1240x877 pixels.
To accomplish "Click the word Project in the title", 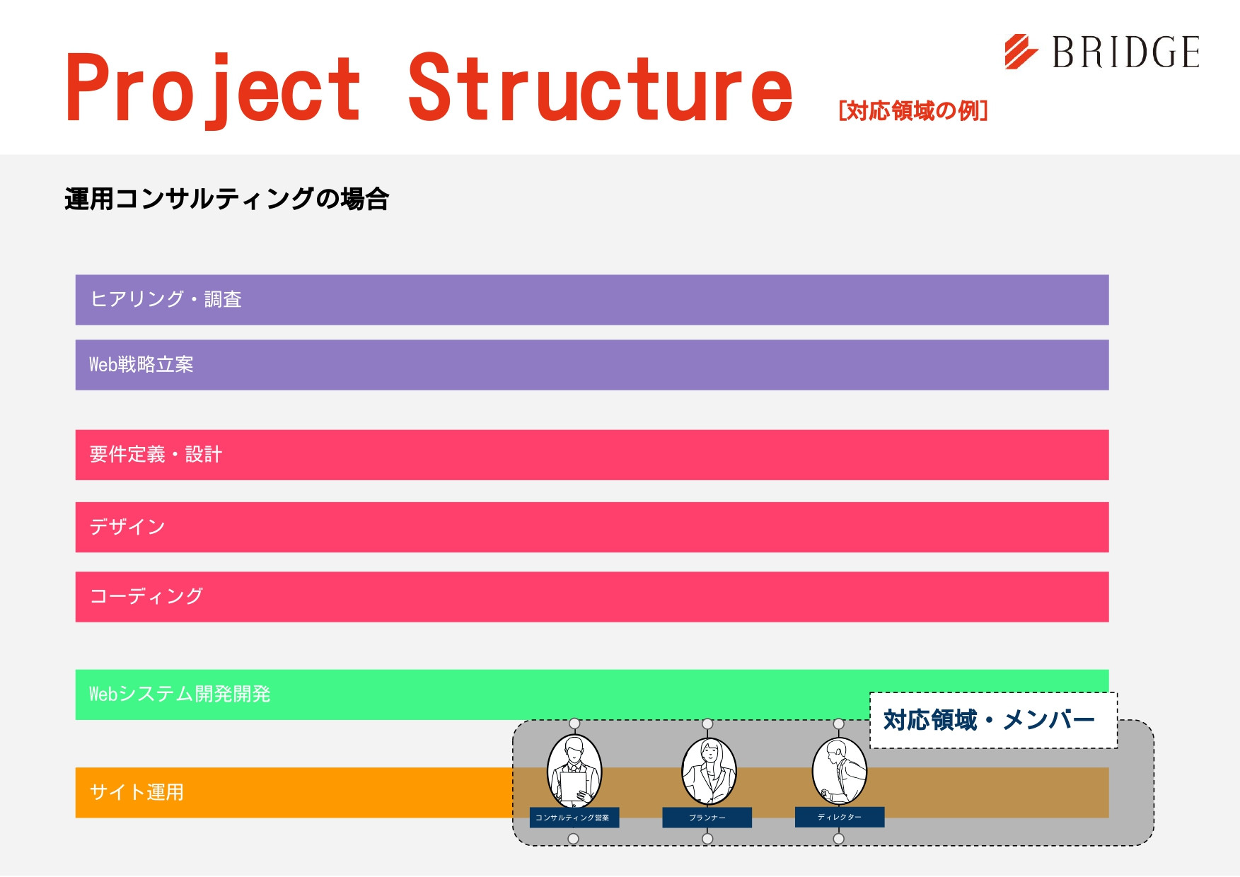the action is tap(214, 88).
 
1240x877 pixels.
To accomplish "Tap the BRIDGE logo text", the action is tap(1126, 52).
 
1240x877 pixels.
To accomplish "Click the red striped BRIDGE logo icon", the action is tap(1021, 52).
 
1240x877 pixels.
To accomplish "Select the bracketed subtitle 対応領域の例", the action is tap(912, 111).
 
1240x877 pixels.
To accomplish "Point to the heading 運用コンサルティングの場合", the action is tap(226, 199).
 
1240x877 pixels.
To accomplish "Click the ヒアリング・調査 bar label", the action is tap(166, 299).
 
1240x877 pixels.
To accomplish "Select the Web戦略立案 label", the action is tap(141, 364).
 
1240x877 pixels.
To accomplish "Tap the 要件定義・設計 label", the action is tap(156, 454).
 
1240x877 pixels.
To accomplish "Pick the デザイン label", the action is tap(127, 527).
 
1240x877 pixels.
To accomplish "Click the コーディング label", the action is tap(146, 596).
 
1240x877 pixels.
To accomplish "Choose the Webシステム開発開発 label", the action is tap(180, 694).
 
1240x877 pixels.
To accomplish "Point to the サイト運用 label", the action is tap(137, 792).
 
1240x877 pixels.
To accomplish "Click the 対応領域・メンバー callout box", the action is tap(993, 720).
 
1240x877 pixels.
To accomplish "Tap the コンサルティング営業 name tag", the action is tap(574, 818).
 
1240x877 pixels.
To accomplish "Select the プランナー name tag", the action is tap(707, 818).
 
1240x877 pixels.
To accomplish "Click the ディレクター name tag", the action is tap(840, 817).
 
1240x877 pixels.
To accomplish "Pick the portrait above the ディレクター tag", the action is tap(840, 771).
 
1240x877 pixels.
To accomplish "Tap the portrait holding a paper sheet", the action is tap(574, 771).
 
